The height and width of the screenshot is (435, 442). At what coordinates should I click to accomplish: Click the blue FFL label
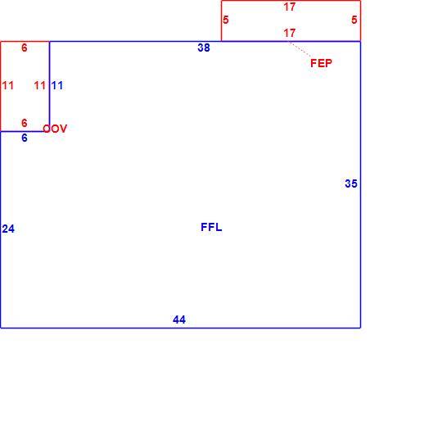pos(211,227)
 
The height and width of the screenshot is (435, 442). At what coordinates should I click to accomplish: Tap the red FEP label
pos(321,63)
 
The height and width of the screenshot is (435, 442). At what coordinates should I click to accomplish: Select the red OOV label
pos(55,129)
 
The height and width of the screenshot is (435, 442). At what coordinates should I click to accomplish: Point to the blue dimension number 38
pos(204,48)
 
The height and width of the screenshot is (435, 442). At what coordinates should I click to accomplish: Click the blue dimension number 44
pos(179,319)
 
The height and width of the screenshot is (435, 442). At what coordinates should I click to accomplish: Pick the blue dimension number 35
pos(351,184)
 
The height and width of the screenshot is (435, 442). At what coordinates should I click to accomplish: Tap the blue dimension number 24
pos(8,229)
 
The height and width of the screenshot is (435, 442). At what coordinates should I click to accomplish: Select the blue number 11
pos(57,85)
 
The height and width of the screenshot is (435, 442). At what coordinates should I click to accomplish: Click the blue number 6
pos(25,138)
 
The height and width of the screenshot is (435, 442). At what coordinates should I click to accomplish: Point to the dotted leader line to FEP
pos(300,49)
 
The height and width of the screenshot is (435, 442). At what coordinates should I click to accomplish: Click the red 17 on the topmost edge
pos(290,7)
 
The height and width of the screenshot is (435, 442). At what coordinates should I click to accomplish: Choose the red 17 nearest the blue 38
pos(290,33)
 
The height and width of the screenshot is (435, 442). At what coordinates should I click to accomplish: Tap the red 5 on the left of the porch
pos(226,20)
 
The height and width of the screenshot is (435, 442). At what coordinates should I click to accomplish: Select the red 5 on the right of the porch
pos(354,20)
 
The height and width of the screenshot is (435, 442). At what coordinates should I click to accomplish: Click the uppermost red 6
pos(25,48)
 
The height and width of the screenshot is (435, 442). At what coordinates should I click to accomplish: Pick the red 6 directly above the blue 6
pos(25,123)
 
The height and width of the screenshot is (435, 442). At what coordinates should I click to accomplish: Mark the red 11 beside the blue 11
pos(40,85)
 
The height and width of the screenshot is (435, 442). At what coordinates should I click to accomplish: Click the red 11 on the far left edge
pos(8,85)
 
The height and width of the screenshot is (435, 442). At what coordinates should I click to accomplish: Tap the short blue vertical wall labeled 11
pos(50,86)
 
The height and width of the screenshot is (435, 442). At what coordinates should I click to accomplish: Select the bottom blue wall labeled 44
pos(180,328)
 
